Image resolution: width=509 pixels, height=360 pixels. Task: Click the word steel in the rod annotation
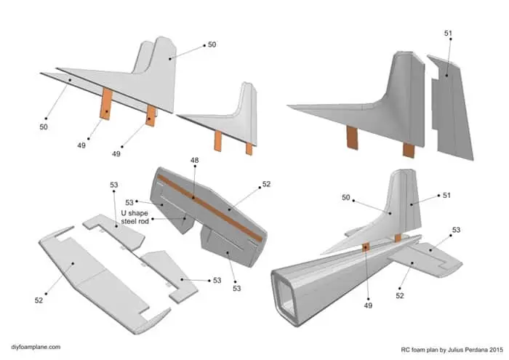[128, 221]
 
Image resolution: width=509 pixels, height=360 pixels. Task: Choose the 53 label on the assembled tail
[456, 230]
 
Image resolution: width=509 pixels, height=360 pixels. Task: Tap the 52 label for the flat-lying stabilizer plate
[39, 300]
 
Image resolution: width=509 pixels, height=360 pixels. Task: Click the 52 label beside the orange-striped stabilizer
[266, 185]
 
